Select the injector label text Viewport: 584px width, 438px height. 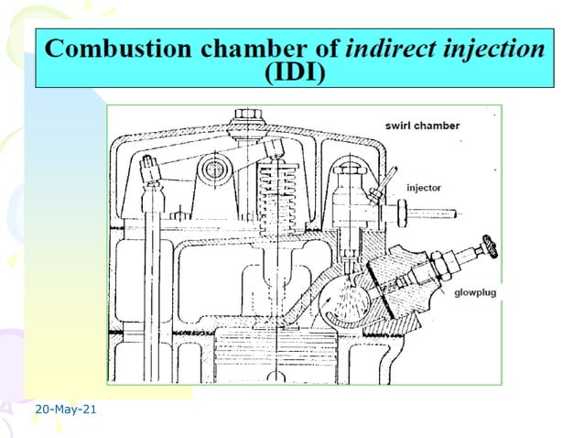423,187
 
